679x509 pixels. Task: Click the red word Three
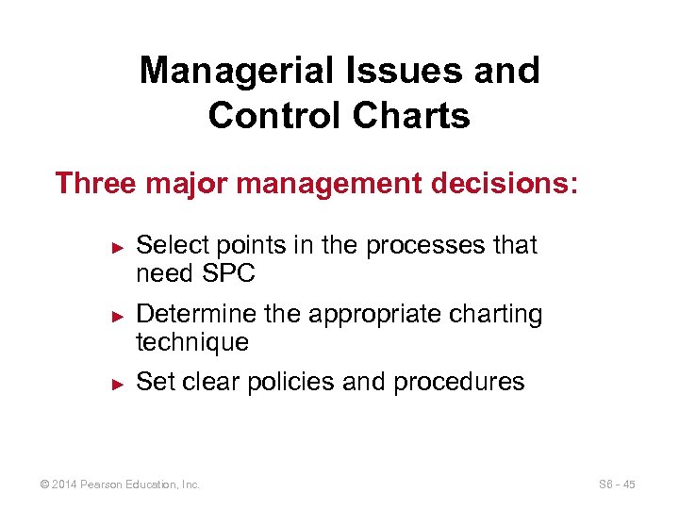95,183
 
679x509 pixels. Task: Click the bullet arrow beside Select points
118,246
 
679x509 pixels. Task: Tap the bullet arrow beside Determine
118,315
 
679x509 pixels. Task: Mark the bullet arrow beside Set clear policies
118,384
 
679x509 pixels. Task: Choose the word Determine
195,314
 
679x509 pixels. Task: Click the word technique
192,342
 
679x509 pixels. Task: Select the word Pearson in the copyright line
107,484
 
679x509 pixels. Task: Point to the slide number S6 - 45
617,484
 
